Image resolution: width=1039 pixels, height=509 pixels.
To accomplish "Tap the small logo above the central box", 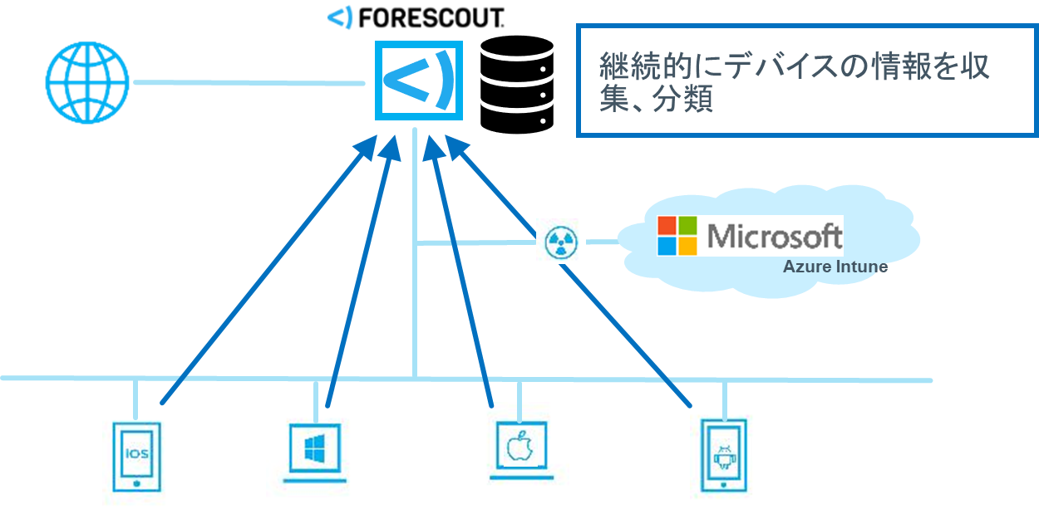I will click(x=340, y=17).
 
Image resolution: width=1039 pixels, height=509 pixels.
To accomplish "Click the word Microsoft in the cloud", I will click(x=774, y=236).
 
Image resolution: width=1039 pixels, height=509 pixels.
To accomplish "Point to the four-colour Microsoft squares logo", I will click(x=677, y=236).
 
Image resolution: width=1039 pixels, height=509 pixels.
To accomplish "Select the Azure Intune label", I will click(x=835, y=267).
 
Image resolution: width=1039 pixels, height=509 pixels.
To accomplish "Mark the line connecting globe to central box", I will click(x=249, y=82).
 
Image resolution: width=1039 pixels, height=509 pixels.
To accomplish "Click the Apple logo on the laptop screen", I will click(x=519, y=446).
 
